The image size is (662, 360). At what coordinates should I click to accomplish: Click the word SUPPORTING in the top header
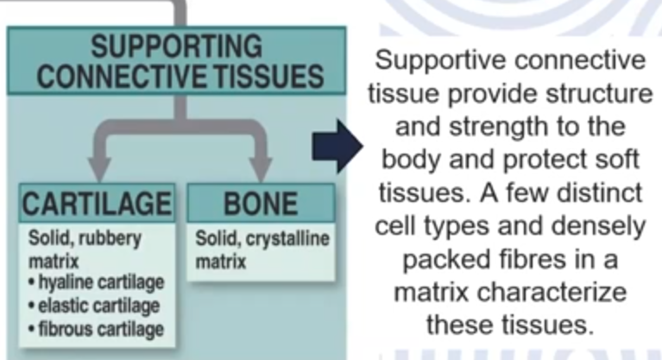[x=176, y=46]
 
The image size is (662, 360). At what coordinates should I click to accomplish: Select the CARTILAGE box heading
[x=98, y=204]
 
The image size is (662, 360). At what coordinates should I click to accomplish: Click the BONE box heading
[x=261, y=204]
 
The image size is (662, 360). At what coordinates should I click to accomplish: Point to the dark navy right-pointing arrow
[x=337, y=146]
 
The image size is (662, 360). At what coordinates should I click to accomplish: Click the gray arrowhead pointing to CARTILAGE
[x=99, y=169]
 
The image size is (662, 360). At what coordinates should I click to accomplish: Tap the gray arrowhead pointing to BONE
[x=261, y=169]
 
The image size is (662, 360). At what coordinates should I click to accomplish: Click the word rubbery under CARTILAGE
[x=113, y=239]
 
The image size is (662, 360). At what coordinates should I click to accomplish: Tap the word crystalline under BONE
[x=287, y=240]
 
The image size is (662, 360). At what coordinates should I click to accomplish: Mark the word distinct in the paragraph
[x=600, y=193]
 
